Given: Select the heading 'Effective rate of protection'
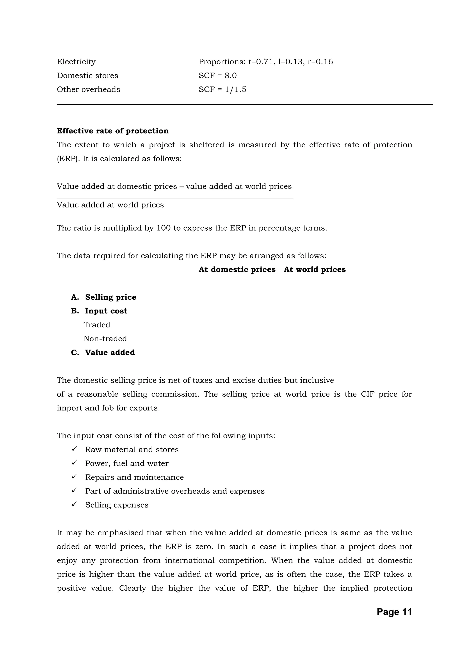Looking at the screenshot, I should click(113, 131).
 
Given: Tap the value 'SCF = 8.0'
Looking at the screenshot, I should click(218, 76).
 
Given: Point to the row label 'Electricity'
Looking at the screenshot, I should click(76, 62).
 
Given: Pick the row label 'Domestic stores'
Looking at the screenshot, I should click(87, 76).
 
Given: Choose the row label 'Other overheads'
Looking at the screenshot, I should click(88, 89).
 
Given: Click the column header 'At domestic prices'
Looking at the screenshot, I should click(237, 270).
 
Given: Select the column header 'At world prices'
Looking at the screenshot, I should click(315, 270).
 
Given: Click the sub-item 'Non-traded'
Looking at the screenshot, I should click(105, 339).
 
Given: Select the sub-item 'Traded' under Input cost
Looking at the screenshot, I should click(97, 325).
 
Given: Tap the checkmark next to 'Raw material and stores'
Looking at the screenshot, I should click(74, 449).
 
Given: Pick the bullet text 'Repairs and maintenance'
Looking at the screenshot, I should click(134, 477).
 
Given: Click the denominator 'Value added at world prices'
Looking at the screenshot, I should click(110, 205).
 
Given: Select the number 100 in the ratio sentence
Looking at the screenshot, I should click(164, 228).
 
